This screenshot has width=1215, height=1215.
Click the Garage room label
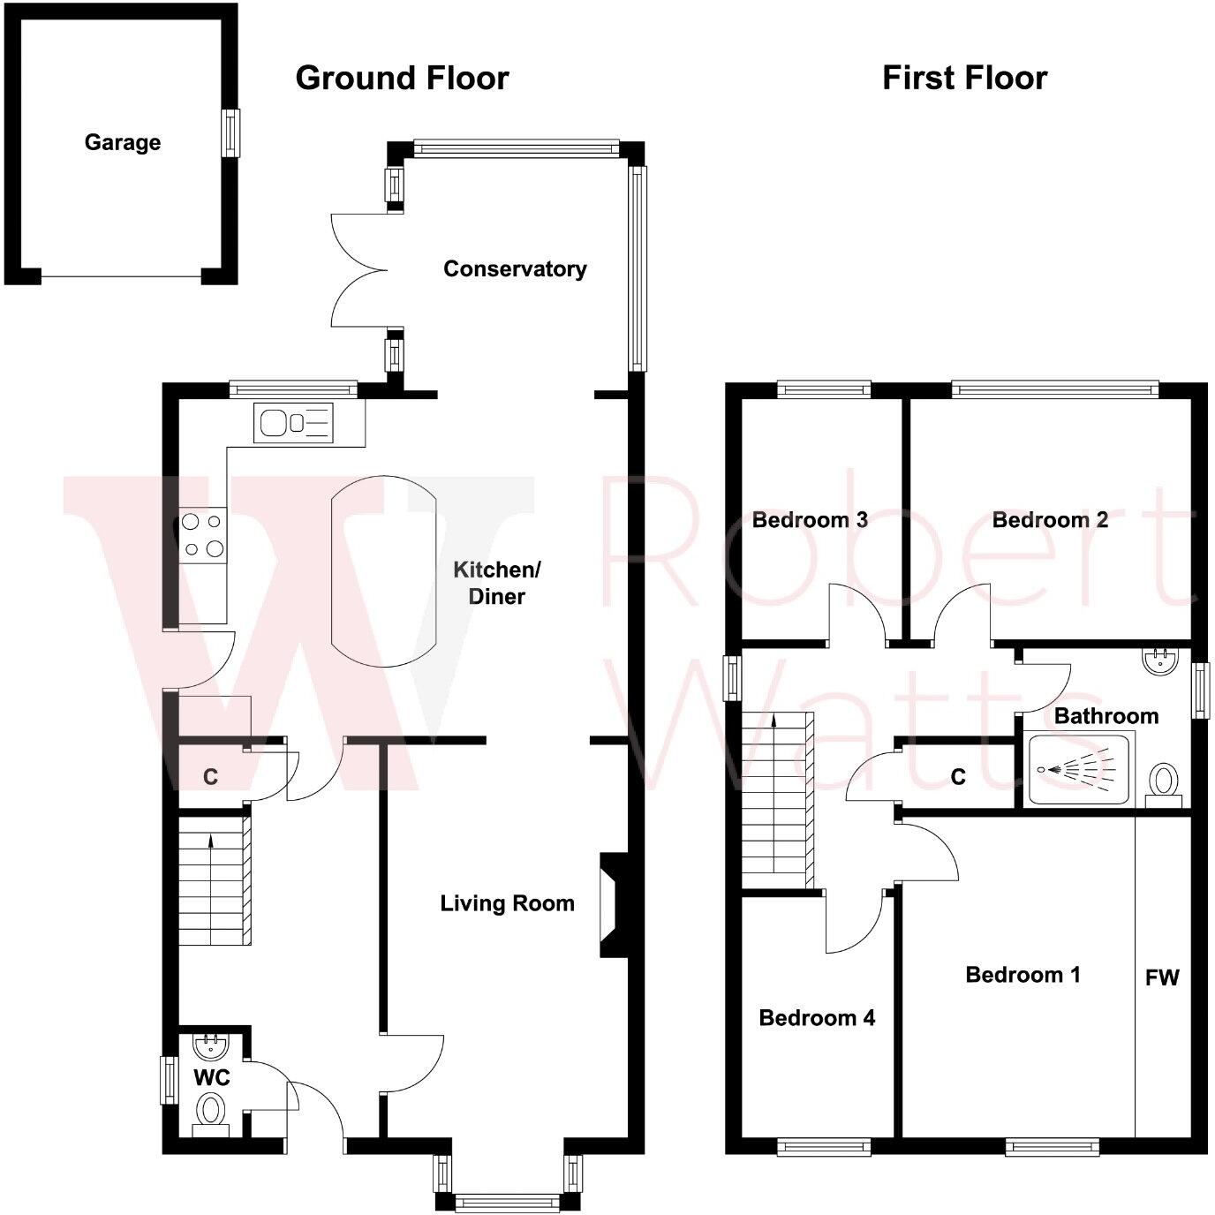[x=123, y=142]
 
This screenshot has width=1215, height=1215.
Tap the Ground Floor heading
[x=402, y=78]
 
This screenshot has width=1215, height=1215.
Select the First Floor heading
[x=964, y=78]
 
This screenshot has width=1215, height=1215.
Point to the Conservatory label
[x=515, y=268]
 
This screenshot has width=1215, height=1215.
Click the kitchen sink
[x=294, y=422]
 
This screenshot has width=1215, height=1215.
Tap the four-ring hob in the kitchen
[x=202, y=535]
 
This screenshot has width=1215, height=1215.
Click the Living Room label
[x=507, y=903]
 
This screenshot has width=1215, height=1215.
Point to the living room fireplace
[x=612, y=905]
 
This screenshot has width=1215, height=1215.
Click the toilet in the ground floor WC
[x=210, y=1109]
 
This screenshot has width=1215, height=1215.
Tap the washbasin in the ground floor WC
[x=211, y=1046]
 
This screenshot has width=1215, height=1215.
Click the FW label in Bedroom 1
[x=1162, y=977]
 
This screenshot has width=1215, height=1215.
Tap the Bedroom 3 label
[x=810, y=519]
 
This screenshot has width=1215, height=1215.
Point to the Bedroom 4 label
[x=817, y=1018]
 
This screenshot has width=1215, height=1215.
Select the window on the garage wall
[x=230, y=133]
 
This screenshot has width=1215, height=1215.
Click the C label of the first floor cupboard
[x=958, y=776]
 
